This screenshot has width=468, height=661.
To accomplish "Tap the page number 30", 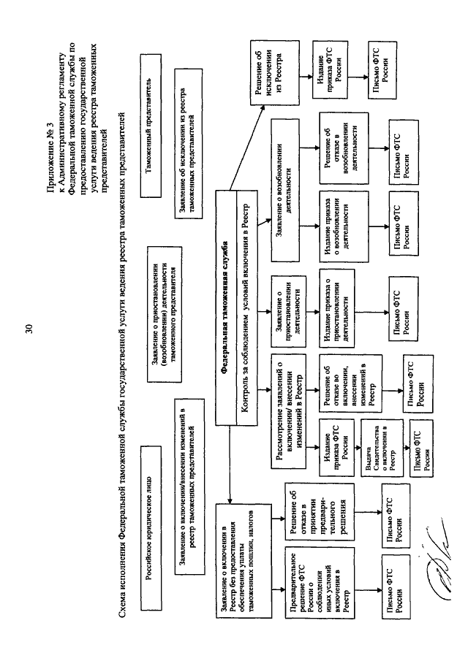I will point(28,330).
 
